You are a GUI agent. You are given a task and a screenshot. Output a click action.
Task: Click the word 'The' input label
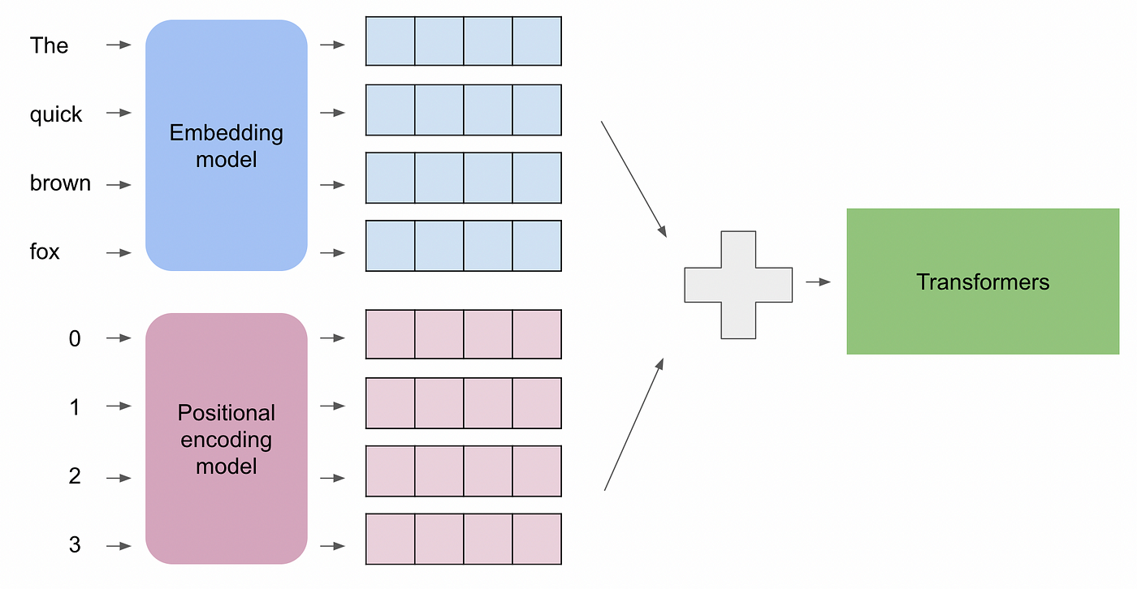point(49,45)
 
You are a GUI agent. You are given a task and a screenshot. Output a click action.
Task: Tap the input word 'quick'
point(56,114)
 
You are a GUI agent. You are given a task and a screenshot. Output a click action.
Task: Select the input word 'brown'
point(60,183)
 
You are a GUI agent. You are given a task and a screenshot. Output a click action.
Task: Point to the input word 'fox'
point(45,252)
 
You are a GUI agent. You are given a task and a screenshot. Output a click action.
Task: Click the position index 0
point(75,339)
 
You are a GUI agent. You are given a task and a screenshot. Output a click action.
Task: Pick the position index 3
point(75,545)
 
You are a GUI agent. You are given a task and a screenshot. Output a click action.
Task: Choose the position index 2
point(75,476)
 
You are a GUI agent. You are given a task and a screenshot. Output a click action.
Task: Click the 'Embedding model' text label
point(226,145)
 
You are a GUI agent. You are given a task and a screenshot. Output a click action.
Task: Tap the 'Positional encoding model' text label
point(226,439)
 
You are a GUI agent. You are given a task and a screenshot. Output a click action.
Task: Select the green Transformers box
point(983,282)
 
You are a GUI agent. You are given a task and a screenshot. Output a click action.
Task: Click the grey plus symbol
point(737,284)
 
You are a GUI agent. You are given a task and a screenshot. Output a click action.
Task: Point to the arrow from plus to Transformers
point(818,282)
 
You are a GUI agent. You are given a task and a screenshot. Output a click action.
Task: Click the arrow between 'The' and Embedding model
point(119,45)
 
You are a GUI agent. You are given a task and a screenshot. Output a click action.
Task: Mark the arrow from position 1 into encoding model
point(119,406)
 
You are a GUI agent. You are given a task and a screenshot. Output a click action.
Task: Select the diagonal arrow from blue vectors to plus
point(633,178)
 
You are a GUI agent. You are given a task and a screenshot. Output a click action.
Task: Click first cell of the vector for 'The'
point(391,41)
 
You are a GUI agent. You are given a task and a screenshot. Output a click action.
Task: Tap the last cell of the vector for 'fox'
point(537,246)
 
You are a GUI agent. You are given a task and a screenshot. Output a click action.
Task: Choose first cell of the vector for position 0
point(391,334)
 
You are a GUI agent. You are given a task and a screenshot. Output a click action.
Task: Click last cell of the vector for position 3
point(537,539)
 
